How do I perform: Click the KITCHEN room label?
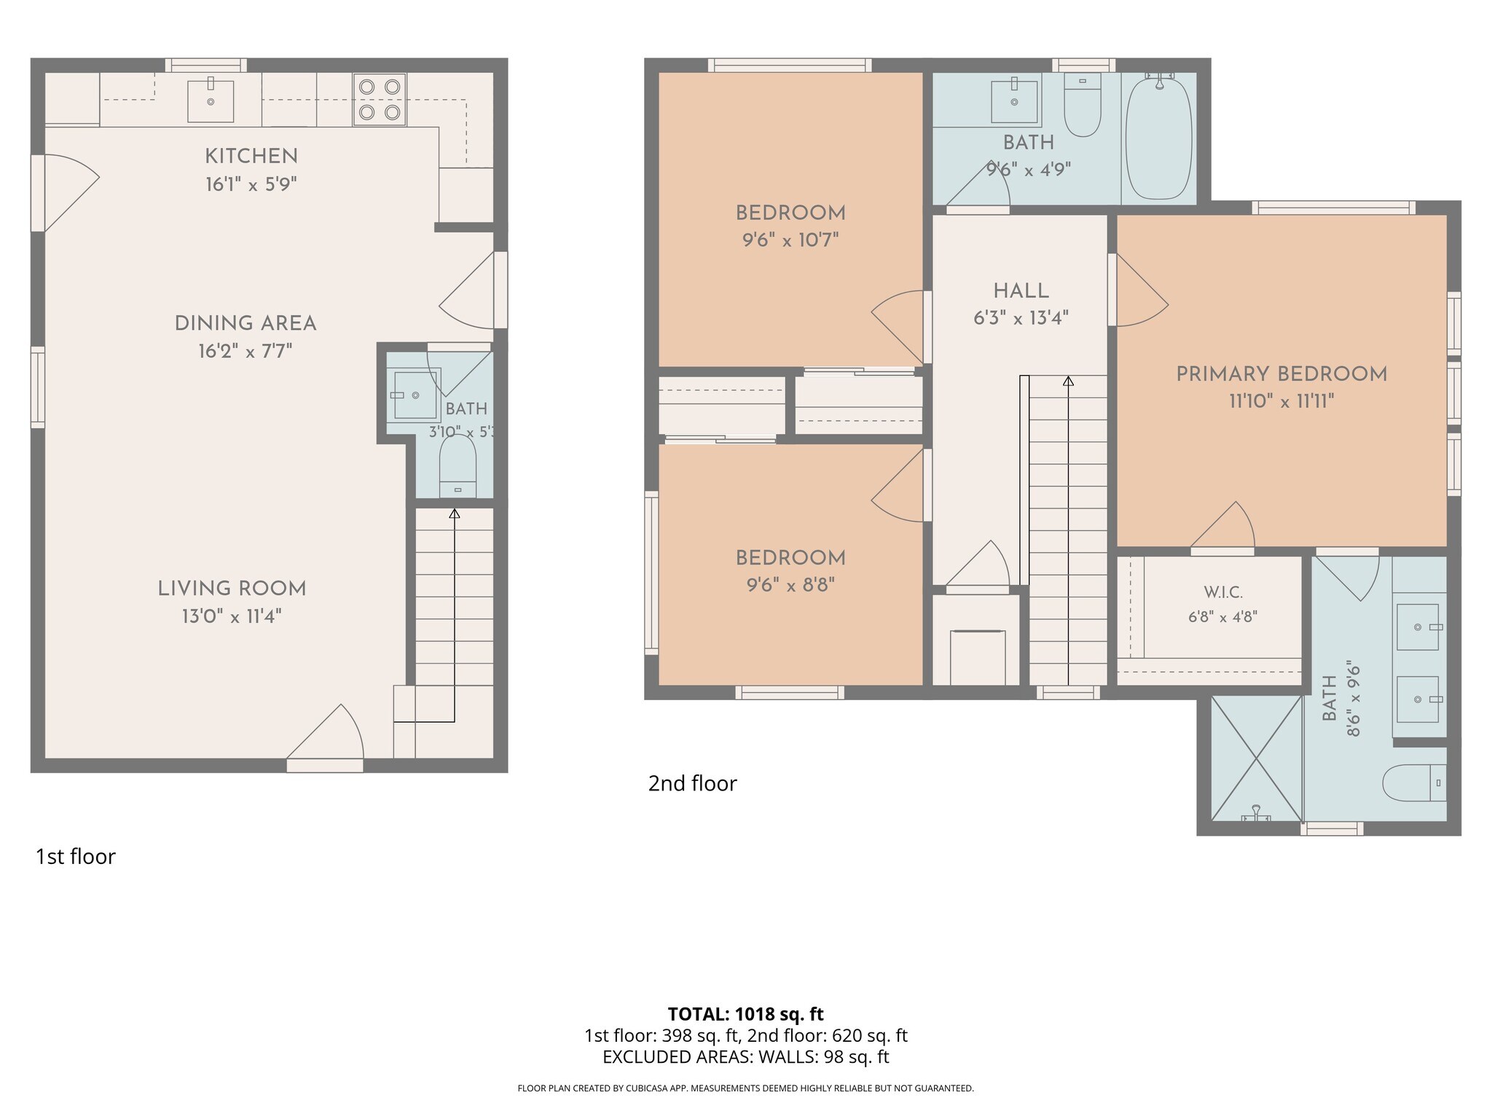(251, 156)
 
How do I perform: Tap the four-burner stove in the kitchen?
(380, 100)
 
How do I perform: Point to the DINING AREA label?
(246, 323)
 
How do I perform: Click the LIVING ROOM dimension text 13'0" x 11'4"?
(232, 617)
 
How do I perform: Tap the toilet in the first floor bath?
(458, 466)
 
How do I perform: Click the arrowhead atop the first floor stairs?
(455, 514)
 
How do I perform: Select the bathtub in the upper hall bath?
(1159, 138)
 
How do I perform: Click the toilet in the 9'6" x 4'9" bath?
(1083, 105)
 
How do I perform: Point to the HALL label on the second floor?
(1021, 291)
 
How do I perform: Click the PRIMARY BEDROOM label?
(1281, 374)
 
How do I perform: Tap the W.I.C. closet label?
(1223, 593)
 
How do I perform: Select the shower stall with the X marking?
(1256, 758)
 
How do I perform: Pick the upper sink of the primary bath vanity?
(1418, 627)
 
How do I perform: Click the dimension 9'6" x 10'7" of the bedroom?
(790, 240)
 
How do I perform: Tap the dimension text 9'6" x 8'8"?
(790, 585)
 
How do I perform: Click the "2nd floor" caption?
(693, 784)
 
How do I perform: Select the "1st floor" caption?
(76, 857)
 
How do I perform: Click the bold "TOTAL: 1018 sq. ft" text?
(746, 1014)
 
